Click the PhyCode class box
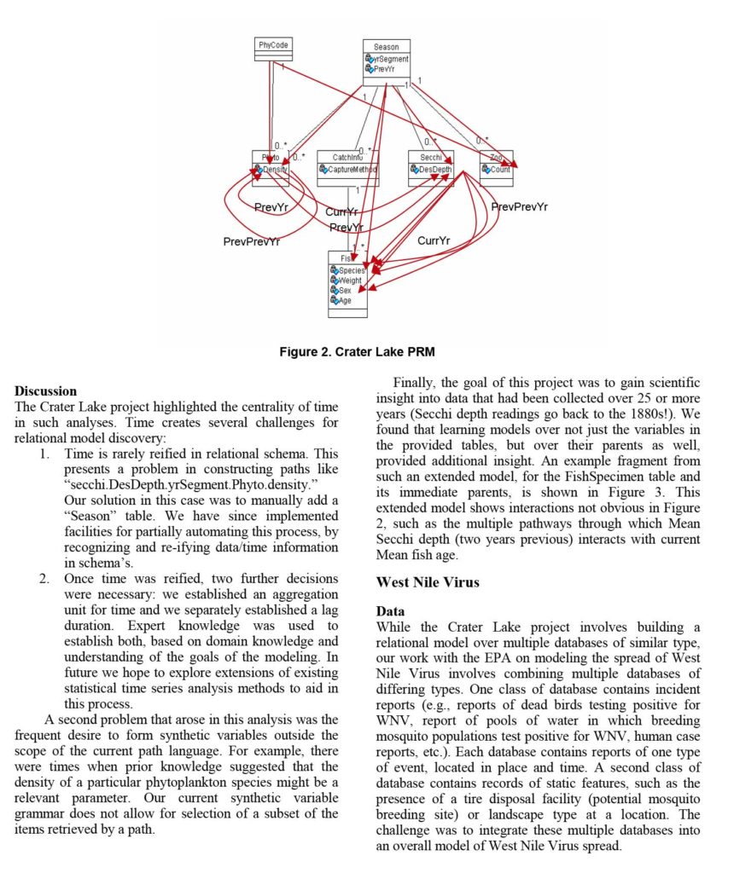tap(273, 49)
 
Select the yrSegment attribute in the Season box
tap(389, 59)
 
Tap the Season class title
tap(386, 46)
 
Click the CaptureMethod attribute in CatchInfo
tap(351, 170)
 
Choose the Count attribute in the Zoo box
tap(498, 170)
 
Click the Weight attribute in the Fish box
tap(349, 280)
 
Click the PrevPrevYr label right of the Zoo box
tap(519, 206)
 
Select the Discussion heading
tap(46, 391)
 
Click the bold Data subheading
tap(391, 611)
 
